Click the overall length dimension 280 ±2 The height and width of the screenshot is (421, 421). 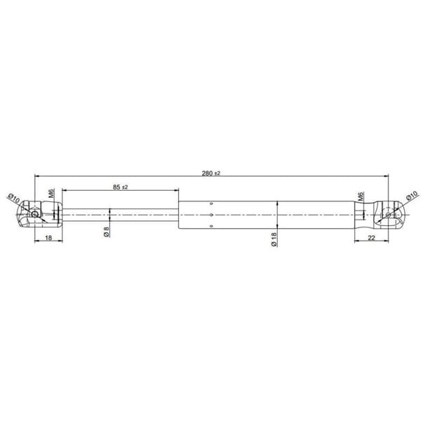tap(210, 173)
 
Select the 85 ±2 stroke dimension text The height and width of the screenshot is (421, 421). tap(119, 187)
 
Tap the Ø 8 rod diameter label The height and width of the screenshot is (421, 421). tap(107, 232)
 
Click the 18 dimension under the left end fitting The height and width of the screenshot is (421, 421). tap(48, 239)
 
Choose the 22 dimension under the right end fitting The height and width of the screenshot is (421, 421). tap(370, 239)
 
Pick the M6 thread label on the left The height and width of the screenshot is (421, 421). tap(51, 193)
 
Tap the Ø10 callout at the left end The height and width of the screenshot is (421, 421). tap(13, 199)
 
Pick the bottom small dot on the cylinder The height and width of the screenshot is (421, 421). tap(211, 225)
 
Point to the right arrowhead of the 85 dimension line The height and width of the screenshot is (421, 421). tap(176, 190)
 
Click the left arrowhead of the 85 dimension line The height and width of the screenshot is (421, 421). tap(65, 190)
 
